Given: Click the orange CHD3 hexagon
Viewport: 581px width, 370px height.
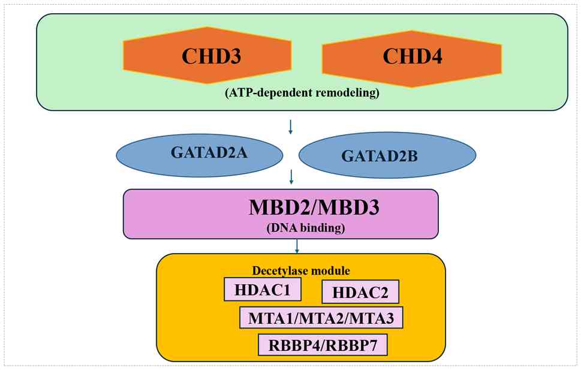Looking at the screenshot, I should pos(207,57).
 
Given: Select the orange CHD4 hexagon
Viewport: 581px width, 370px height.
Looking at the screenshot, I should pos(411,57).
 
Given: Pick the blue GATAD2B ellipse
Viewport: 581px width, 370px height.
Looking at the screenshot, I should pos(387,156).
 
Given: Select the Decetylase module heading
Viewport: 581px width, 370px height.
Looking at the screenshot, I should pos(301,270).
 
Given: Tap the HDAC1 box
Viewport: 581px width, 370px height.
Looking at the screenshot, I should pos(263,290).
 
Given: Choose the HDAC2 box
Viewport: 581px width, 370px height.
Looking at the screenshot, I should pos(360,293).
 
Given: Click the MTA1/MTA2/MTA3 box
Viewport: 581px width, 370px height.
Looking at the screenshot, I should pos(321,318).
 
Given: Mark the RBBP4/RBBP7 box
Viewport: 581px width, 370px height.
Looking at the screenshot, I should pos(323,345).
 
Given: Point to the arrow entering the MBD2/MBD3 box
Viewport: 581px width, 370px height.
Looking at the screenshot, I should pos(291,176).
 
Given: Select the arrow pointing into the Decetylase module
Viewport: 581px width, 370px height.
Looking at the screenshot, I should pos(297,246).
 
